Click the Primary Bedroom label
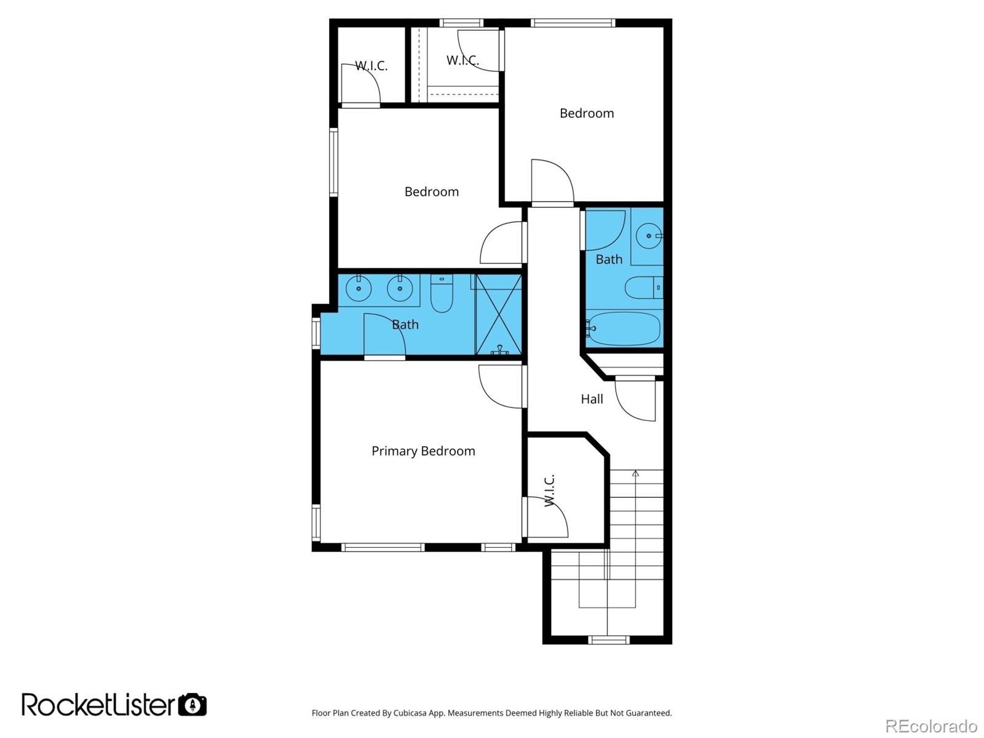[423, 451]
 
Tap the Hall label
[592, 399]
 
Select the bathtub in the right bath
[623, 329]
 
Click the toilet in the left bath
[442, 295]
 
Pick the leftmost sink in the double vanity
[358, 288]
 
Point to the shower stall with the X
[499, 315]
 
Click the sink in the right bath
[648, 235]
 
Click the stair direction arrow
[635, 474]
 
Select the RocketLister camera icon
[192, 704]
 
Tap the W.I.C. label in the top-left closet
[371, 66]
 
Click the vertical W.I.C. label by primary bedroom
[549, 490]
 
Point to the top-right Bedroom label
[586, 113]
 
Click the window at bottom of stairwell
[608, 640]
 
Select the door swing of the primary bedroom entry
[501, 387]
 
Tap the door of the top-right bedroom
[552, 180]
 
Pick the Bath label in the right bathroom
[609, 260]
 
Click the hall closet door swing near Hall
[637, 400]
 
